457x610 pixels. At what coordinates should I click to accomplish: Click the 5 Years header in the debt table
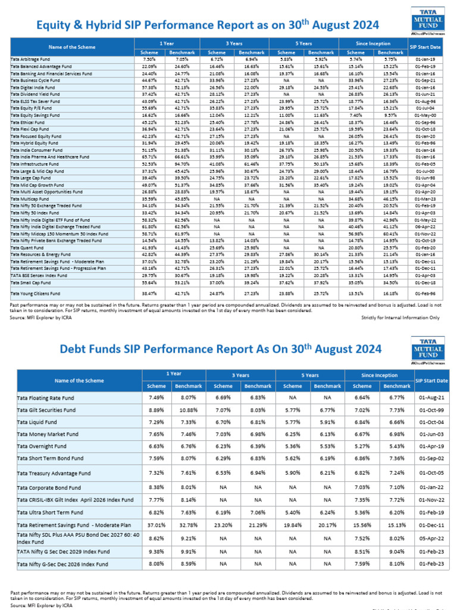[309, 375]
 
